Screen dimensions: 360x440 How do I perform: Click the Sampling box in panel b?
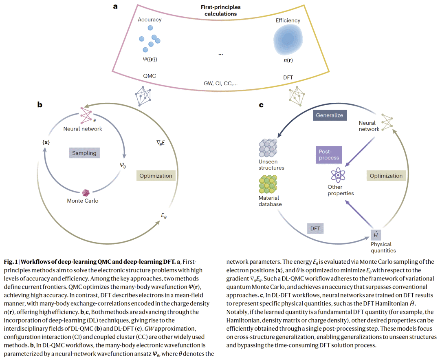[x=84, y=153]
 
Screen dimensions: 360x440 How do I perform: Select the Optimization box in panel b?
[x=156, y=176]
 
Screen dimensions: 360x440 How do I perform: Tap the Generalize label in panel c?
[x=330, y=115]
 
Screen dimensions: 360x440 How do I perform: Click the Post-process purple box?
[x=329, y=155]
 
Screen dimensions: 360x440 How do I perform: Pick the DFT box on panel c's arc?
[x=315, y=228]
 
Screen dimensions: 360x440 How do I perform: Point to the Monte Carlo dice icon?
[x=86, y=192]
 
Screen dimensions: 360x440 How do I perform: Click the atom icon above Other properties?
[x=338, y=175]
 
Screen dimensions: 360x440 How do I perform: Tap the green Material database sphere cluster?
[x=268, y=184]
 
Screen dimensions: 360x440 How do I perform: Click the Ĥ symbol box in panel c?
[x=375, y=235]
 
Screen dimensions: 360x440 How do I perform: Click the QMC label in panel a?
[x=150, y=76]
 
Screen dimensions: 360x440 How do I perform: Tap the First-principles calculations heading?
[x=220, y=10]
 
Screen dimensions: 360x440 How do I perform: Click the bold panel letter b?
[x=40, y=105]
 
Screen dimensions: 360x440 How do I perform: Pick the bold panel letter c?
[x=261, y=105]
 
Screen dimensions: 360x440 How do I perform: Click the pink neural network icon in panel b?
[x=86, y=115]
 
